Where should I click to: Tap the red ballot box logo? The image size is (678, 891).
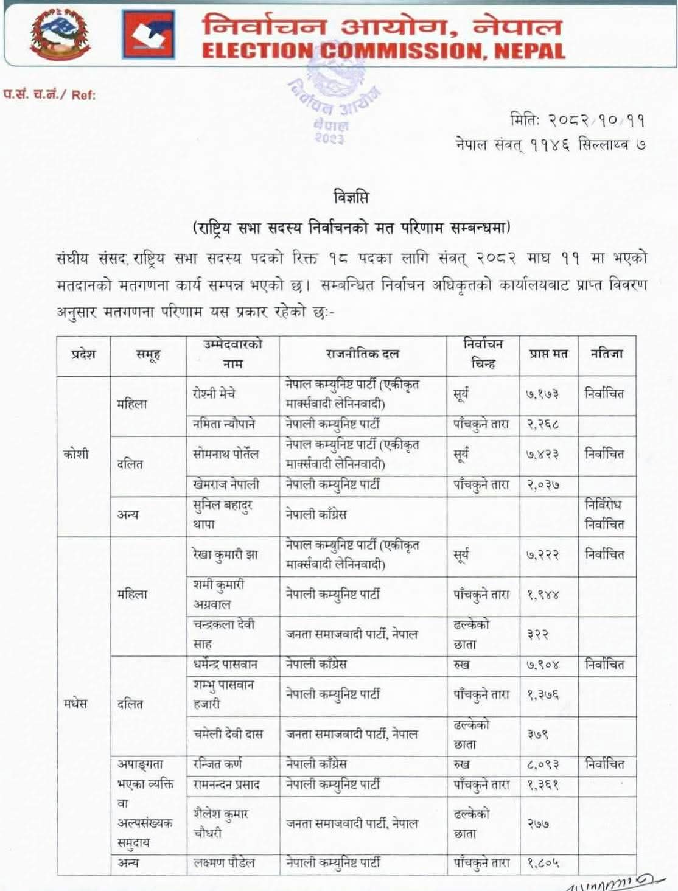[x=148, y=35]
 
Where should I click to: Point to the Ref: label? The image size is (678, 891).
[x=83, y=95]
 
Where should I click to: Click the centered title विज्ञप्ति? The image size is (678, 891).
[x=351, y=197]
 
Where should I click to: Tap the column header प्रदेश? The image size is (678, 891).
[x=83, y=354]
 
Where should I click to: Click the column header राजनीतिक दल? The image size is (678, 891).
[x=363, y=354]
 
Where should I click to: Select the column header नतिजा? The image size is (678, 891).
[x=607, y=354]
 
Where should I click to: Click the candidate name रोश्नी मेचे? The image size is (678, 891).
[x=214, y=394]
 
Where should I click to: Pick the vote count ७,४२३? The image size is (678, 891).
[x=542, y=455]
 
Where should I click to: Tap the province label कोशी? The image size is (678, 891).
[x=76, y=455]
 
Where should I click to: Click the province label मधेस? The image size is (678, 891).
[x=75, y=704]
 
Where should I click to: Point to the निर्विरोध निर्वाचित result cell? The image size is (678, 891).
[x=604, y=514]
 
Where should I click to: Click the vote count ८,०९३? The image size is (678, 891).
[x=542, y=765]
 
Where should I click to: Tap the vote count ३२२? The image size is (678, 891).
[x=538, y=634]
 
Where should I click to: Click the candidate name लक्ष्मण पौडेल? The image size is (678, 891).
[x=224, y=862]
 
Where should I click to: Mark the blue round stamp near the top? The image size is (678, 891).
[x=334, y=91]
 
